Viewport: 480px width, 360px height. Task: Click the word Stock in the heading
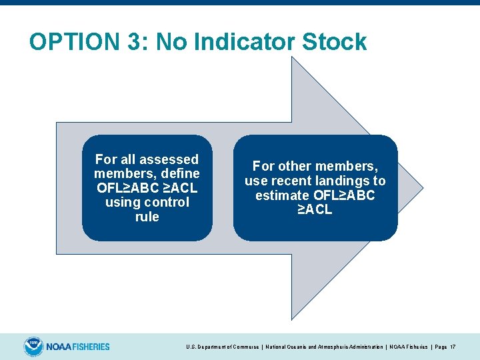pos(335,42)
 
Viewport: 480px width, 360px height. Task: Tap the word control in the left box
pos(163,202)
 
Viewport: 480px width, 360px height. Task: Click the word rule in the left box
pos(147,217)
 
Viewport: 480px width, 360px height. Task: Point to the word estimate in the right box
pos(282,195)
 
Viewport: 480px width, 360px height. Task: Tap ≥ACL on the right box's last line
pos(315,210)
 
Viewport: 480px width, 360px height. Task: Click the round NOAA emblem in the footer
pos(33,347)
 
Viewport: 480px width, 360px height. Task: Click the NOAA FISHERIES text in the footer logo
pos(78,347)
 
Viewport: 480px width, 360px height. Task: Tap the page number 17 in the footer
pos(453,347)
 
